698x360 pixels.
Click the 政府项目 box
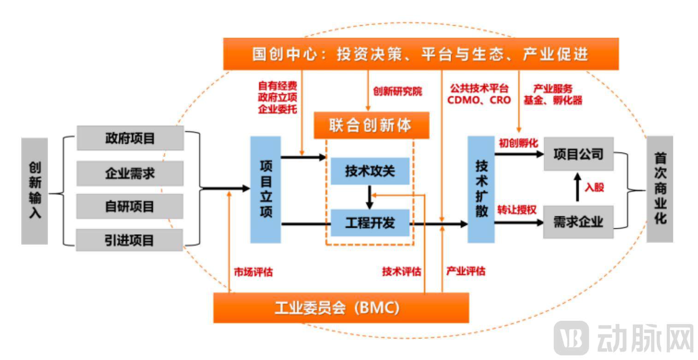click(130, 138)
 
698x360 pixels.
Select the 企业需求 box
click(130, 173)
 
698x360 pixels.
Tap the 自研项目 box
click(130, 206)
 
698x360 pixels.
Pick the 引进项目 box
click(130, 240)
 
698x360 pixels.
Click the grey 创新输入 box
click(35, 190)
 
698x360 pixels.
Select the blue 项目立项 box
click(266, 189)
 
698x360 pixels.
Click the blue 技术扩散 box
click(481, 189)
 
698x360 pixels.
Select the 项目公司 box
click(579, 154)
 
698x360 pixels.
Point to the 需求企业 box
click(579, 222)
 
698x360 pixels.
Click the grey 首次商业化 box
click(660, 189)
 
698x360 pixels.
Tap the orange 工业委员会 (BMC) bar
click(341, 308)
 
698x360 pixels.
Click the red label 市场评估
click(253, 272)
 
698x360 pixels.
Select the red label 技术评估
click(401, 271)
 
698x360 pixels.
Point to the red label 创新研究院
click(397, 91)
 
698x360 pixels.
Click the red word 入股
click(594, 187)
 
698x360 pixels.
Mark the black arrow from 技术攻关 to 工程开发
click(369, 197)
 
